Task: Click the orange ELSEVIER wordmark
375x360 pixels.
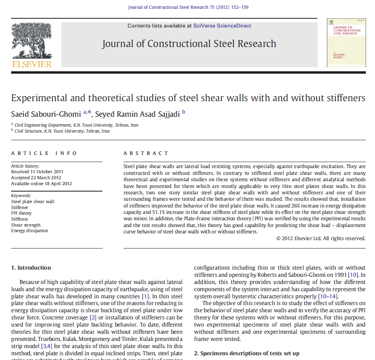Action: [x=31, y=64]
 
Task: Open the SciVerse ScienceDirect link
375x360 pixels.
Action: [x=222, y=26]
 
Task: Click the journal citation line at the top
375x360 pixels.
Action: [x=188, y=7]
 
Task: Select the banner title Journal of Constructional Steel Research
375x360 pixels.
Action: [x=189, y=44]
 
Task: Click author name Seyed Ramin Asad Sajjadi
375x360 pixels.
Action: [x=137, y=114]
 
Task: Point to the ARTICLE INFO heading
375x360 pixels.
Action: [x=44, y=153]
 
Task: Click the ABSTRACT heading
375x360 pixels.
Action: [x=146, y=153]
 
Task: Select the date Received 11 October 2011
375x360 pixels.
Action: [x=37, y=172]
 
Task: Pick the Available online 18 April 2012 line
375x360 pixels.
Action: [x=41, y=184]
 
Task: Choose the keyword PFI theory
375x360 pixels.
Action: [x=21, y=213]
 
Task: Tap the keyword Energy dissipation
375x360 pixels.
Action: [x=29, y=231]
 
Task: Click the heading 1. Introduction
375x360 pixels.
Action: [x=31, y=268]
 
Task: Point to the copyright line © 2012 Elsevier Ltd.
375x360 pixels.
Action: [x=321, y=239]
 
